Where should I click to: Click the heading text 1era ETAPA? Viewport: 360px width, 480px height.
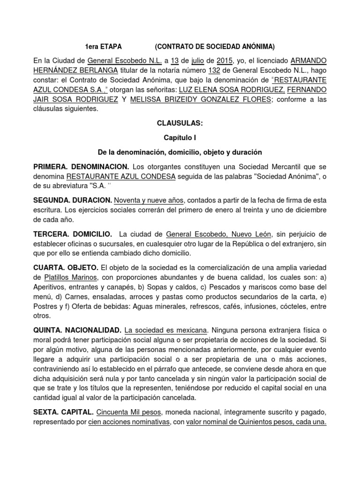click(103, 47)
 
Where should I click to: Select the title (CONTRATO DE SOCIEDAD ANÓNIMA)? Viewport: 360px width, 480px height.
click(215, 47)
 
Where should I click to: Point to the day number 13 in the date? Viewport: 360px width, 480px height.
click(174, 61)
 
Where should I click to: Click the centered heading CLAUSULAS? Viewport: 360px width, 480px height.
click(180, 123)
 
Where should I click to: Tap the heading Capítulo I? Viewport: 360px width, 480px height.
click(180, 138)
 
